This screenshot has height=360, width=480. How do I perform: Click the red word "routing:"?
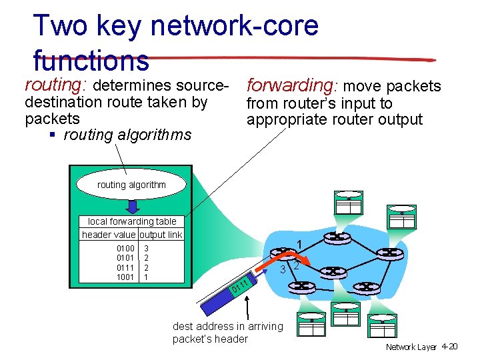click(x=56, y=86)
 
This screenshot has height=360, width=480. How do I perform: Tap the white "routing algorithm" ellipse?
click(x=131, y=185)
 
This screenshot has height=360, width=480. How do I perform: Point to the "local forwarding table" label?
click(x=132, y=221)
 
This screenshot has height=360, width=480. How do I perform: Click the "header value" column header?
click(x=109, y=235)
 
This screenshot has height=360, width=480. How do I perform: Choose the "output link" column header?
click(x=161, y=235)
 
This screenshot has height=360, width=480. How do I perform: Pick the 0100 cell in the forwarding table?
click(x=125, y=249)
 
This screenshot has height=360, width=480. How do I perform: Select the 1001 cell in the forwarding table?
click(x=125, y=276)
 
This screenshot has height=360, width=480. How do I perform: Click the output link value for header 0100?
click(x=147, y=249)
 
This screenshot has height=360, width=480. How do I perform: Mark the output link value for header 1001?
click(x=147, y=276)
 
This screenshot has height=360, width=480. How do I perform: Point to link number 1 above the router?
click(x=300, y=244)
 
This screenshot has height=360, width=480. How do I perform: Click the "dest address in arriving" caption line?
click(x=227, y=326)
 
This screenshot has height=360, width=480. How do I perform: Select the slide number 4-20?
click(x=449, y=347)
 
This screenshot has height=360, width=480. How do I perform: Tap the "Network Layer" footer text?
click(x=411, y=347)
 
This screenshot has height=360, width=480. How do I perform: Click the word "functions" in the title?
click(x=91, y=61)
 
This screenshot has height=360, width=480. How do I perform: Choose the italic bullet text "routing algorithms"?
click(x=127, y=135)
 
